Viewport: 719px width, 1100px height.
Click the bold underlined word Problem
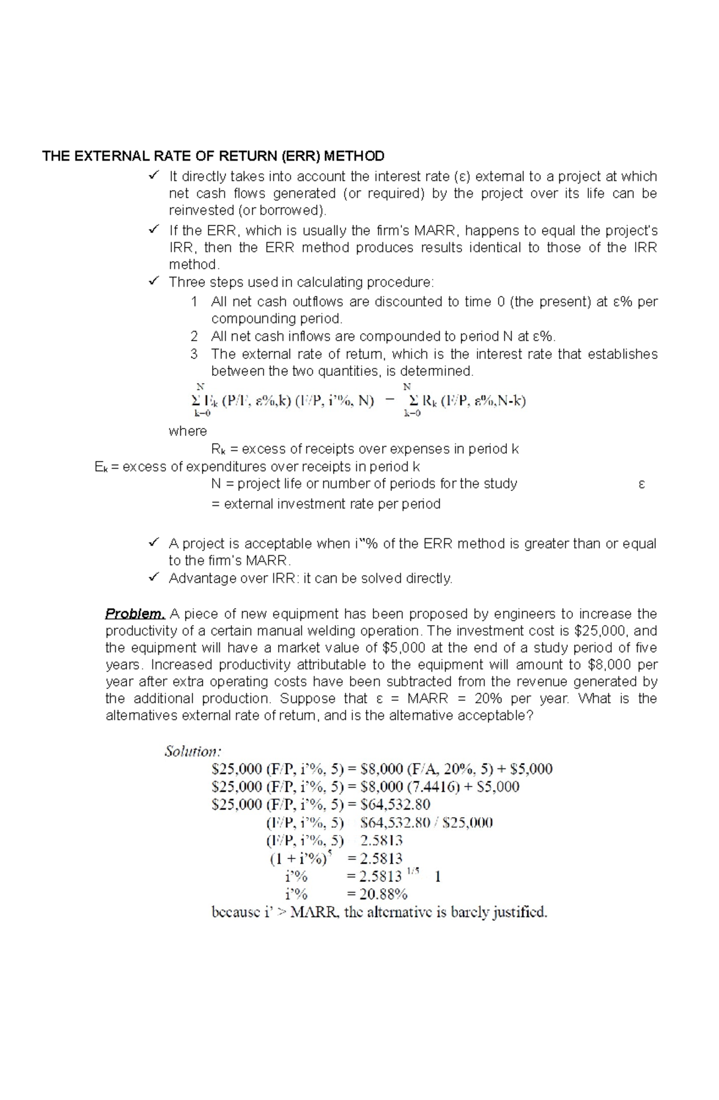pos(135,614)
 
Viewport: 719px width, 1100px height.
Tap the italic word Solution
pos(193,752)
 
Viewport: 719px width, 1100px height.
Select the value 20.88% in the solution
pos(384,894)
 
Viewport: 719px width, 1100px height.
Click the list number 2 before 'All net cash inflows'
pos(194,336)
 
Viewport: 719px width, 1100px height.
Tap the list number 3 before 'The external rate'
pos(194,354)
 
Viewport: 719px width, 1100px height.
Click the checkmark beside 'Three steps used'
pos(153,281)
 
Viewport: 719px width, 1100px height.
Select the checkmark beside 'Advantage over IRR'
pos(153,577)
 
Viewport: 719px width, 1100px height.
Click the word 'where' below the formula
pos(188,431)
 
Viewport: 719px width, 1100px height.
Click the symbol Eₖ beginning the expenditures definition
pos(101,468)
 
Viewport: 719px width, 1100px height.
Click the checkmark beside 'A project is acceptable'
pos(153,543)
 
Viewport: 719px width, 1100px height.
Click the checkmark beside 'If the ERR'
pos(153,230)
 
